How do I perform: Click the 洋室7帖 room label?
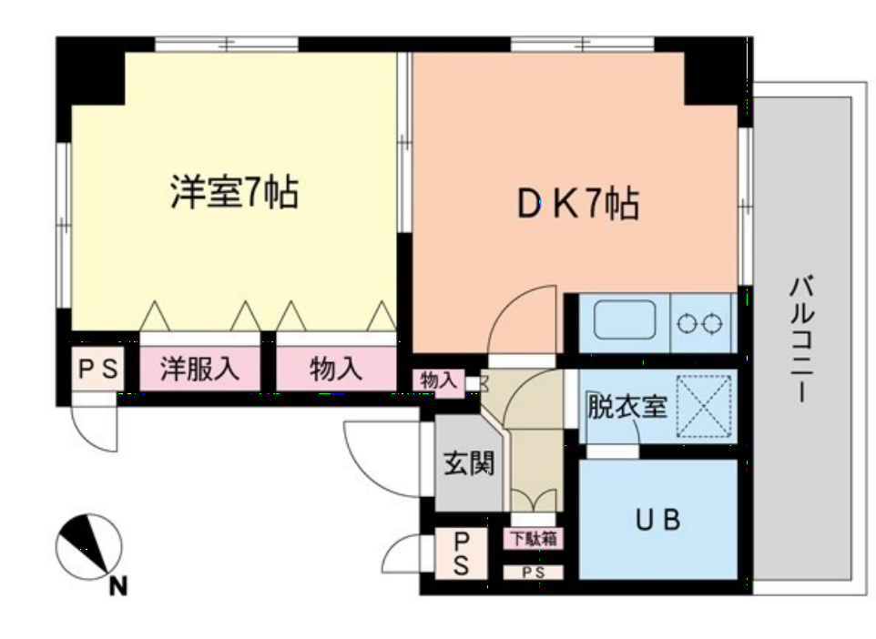(234, 193)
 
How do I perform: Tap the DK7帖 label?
(577, 205)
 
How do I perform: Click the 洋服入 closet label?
(200, 369)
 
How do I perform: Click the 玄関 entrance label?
(469, 464)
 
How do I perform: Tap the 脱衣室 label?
(626, 407)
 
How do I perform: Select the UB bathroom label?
(657, 521)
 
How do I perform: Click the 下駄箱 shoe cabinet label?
(533, 539)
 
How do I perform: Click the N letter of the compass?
(117, 587)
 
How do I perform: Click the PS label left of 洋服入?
(97, 370)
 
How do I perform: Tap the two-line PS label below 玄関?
(461, 553)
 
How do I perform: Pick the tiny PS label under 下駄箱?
(533, 573)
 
